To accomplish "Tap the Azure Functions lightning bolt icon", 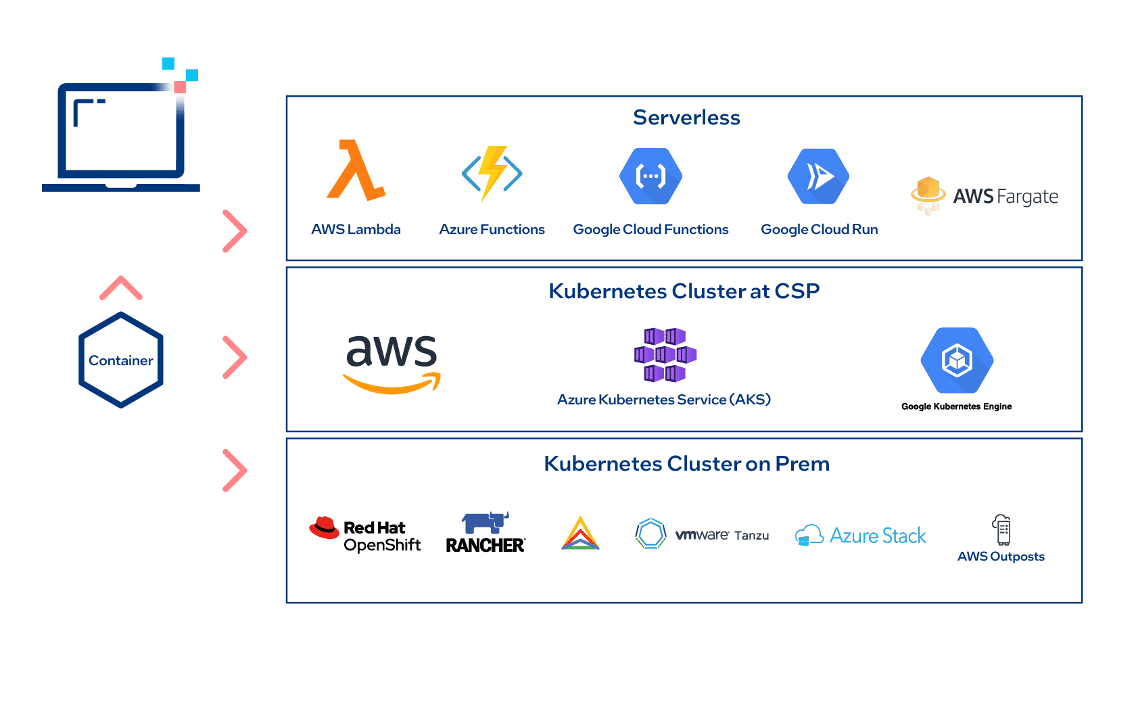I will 492,173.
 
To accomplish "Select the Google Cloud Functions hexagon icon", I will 650,176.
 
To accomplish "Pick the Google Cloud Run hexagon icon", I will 818,176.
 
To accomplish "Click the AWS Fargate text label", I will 1005,197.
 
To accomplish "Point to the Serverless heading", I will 686,118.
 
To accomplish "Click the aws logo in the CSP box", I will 392,362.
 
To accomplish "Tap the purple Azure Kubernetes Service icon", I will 665,355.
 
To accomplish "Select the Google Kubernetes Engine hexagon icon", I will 957,360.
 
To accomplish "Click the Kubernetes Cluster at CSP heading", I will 684,291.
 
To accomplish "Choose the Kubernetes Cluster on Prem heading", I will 686,464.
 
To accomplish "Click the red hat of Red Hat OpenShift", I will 325,527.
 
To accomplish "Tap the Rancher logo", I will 486,533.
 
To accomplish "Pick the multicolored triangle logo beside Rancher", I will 580,534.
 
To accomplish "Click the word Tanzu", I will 751,536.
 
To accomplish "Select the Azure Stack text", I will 878,536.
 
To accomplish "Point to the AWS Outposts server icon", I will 1001,529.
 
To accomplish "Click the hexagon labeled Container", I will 121,360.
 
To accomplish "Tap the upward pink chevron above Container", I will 121,288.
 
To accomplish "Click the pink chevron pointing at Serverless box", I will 235,231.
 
